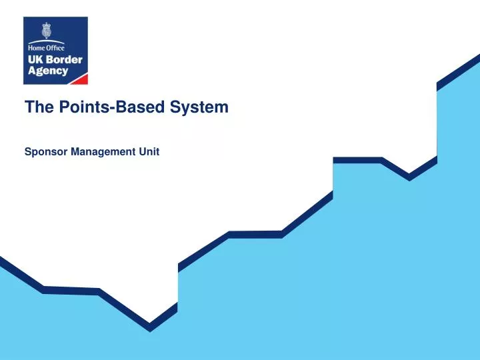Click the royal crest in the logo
(46, 31)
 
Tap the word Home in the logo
(36, 47)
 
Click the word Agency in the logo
(47, 71)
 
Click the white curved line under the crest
(46, 41)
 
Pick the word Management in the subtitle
(103, 152)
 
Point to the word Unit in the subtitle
(150, 152)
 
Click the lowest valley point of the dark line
(150, 327)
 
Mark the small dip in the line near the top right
(409, 177)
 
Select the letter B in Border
(51, 59)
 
